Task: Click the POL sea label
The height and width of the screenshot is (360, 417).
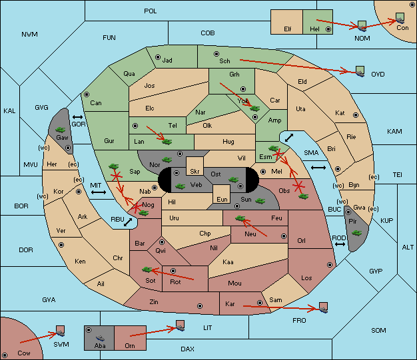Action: (x=151, y=11)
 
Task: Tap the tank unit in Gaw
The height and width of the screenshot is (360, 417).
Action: (x=61, y=130)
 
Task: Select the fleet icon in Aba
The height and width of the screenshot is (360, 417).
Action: (x=100, y=338)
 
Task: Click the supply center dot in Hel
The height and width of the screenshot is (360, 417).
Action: (x=328, y=29)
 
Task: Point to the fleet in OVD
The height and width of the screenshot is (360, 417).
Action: (x=360, y=71)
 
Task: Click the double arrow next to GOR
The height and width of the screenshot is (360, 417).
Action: (x=77, y=117)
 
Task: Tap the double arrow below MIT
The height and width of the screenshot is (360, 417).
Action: (x=99, y=192)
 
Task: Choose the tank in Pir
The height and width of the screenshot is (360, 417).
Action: (x=356, y=233)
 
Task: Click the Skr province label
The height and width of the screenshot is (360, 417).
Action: (x=195, y=172)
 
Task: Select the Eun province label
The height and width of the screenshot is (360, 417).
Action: (x=222, y=199)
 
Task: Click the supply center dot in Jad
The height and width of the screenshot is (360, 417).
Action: (x=158, y=57)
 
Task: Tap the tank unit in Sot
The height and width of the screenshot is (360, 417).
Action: (x=147, y=270)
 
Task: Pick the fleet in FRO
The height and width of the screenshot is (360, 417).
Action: (x=323, y=307)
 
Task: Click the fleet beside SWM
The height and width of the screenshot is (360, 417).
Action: (x=61, y=331)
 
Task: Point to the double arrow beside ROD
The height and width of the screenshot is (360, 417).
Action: (x=340, y=244)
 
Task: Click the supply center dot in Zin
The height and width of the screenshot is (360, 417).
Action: (x=200, y=306)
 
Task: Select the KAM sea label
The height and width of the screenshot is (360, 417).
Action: (x=394, y=131)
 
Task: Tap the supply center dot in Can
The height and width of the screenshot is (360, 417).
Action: (x=87, y=94)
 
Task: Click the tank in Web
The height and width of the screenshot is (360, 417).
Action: (x=180, y=186)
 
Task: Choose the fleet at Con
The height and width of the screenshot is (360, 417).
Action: (x=400, y=18)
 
